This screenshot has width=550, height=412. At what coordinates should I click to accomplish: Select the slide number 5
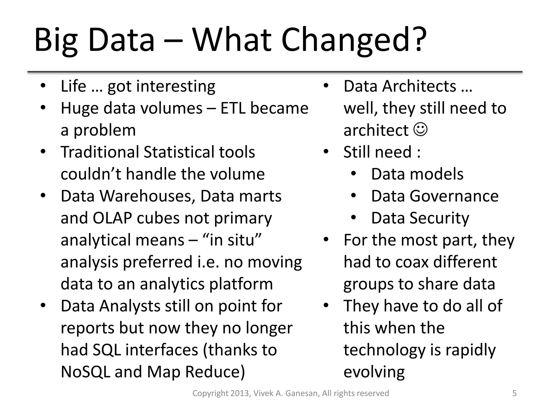515,393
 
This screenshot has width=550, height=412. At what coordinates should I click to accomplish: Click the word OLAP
112,218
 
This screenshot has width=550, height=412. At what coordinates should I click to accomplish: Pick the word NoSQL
86,372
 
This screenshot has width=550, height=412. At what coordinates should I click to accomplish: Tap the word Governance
454,196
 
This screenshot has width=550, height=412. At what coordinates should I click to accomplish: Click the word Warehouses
147,196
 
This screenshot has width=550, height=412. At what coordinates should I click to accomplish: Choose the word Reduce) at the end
215,372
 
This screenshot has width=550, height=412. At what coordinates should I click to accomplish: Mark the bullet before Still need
326,152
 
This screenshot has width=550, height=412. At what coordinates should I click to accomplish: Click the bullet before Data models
353,174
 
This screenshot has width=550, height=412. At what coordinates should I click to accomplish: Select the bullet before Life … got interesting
43,86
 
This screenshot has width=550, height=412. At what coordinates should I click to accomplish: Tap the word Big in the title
56,40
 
